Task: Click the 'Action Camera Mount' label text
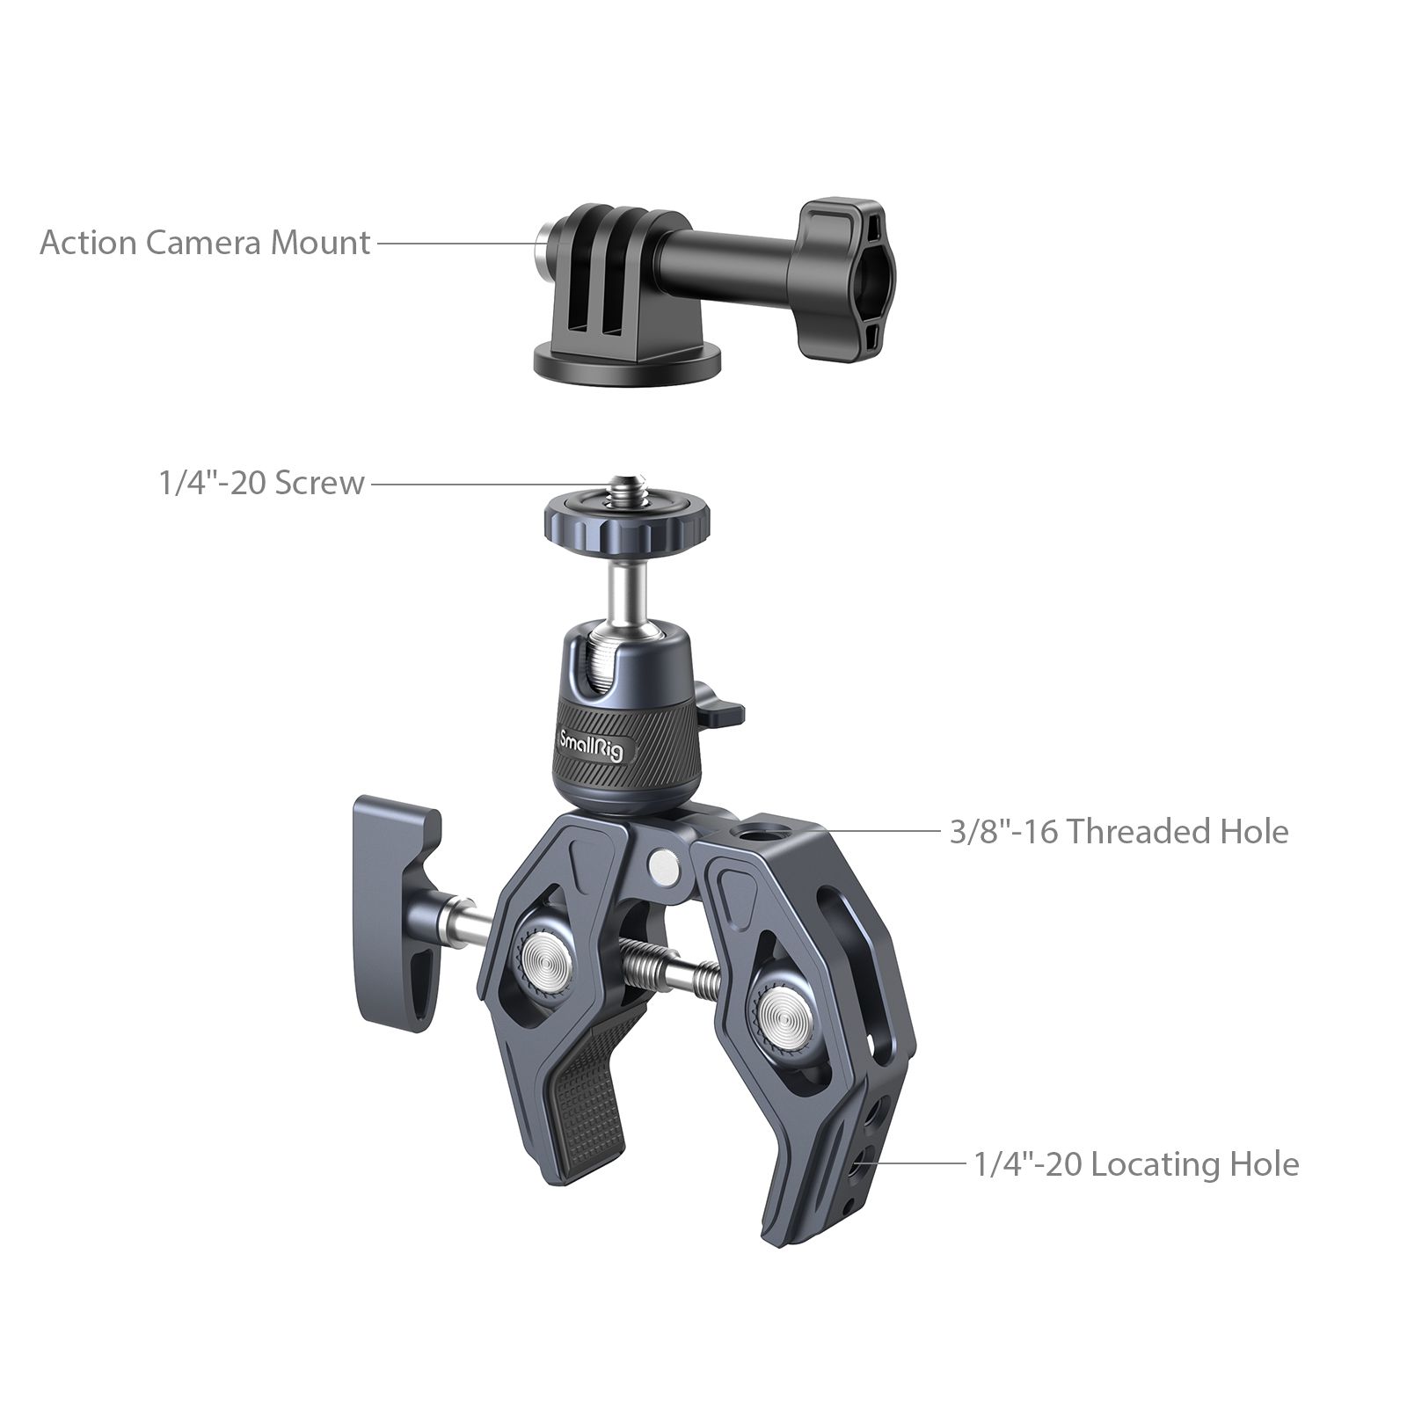[205, 242]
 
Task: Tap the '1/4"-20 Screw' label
[261, 482]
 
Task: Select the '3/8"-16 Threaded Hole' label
[1119, 831]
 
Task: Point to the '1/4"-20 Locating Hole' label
[1137, 1164]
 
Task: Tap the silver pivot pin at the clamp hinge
[662, 866]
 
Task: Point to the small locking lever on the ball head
[725, 712]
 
